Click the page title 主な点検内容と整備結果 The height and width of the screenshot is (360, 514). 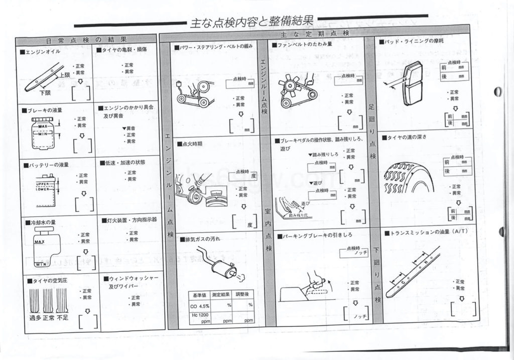pyautogui.click(x=251, y=22)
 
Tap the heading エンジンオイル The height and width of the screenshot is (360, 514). pyautogui.click(x=42, y=52)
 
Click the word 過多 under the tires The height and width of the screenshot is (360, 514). pyautogui.click(x=36, y=317)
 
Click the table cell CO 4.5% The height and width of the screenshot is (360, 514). pyautogui.click(x=200, y=305)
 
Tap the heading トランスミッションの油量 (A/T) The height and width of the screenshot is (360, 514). pyautogui.click(x=424, y=233)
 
